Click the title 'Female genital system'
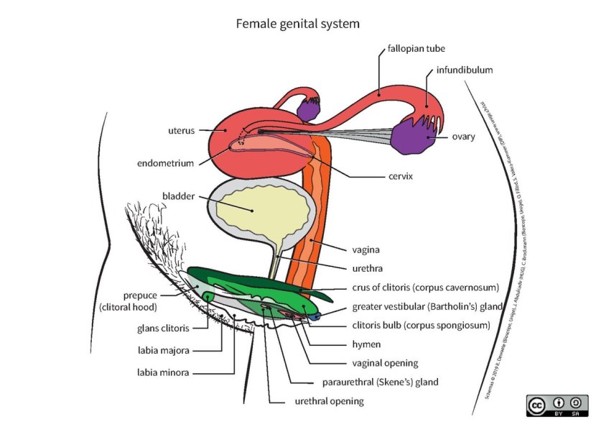(x=298, y=24)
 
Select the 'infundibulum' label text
(x=464, y=70)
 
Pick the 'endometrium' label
(x=166, y=163)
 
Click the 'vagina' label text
(x=366, y=249)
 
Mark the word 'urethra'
(x=368, y=268)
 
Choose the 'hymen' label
(x=368, y=344)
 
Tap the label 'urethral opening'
(x=330, y=400)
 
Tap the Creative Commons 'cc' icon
(x=537, y=405)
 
